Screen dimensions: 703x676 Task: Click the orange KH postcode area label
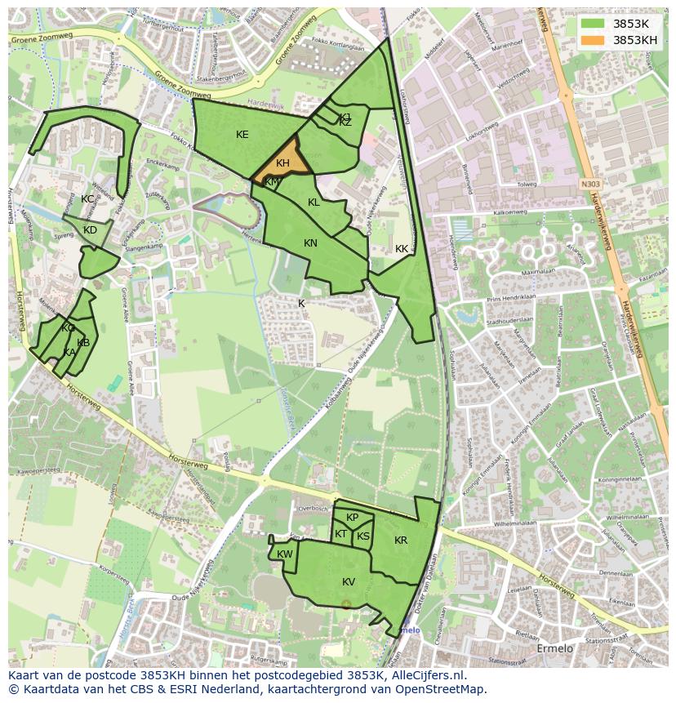tap(282, 163)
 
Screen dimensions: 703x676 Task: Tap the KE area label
tap(242, 135)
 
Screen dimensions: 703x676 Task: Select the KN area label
tap(310, 243)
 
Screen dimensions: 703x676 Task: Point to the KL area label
tap(314, 202)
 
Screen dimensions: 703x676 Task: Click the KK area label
tap(401, 249)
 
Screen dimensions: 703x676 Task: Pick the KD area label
tap(90, 230)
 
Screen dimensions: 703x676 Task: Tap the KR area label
tap(400, 541)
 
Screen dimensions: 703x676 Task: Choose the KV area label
tap(349, 582)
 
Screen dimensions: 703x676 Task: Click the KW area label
tap(284, 554)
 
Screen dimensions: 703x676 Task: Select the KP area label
tap(352, 518)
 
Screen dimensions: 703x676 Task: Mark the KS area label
tap(363, 536)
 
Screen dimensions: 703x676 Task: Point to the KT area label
tap(340, 534)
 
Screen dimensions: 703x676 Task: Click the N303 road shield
tap(590, 185)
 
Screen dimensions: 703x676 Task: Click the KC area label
tap(87, 199)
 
